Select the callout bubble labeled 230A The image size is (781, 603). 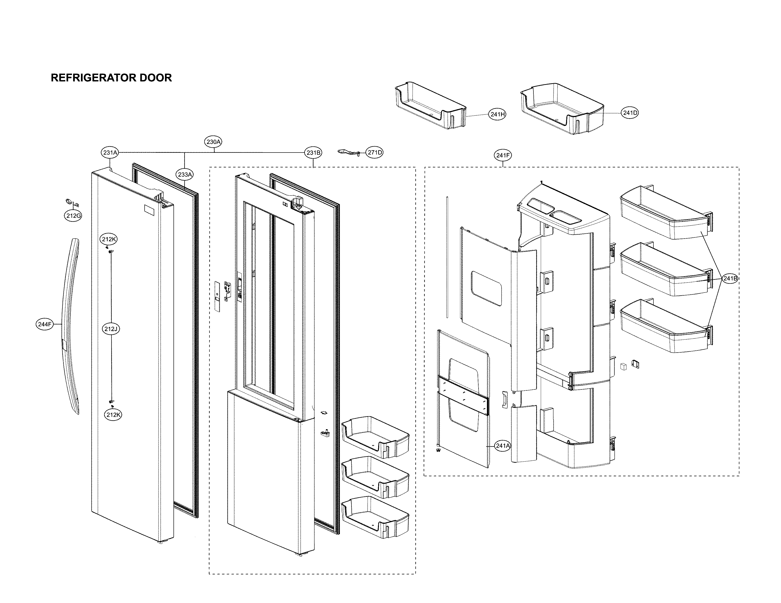pos(213,142)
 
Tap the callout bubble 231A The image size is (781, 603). pos(110,153)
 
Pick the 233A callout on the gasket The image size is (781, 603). pos(185,175)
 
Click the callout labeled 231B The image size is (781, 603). pos(313,153)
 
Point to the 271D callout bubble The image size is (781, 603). pos(374,153)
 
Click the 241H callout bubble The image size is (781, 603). pos(497,114)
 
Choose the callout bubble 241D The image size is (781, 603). pos(630,113)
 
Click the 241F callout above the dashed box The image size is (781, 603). pos(503,155)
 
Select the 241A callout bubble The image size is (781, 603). pos(502,446)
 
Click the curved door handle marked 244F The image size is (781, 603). pos(71,325)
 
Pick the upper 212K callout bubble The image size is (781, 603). pos(109,239)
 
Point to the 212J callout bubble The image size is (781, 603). pos(111,329)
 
